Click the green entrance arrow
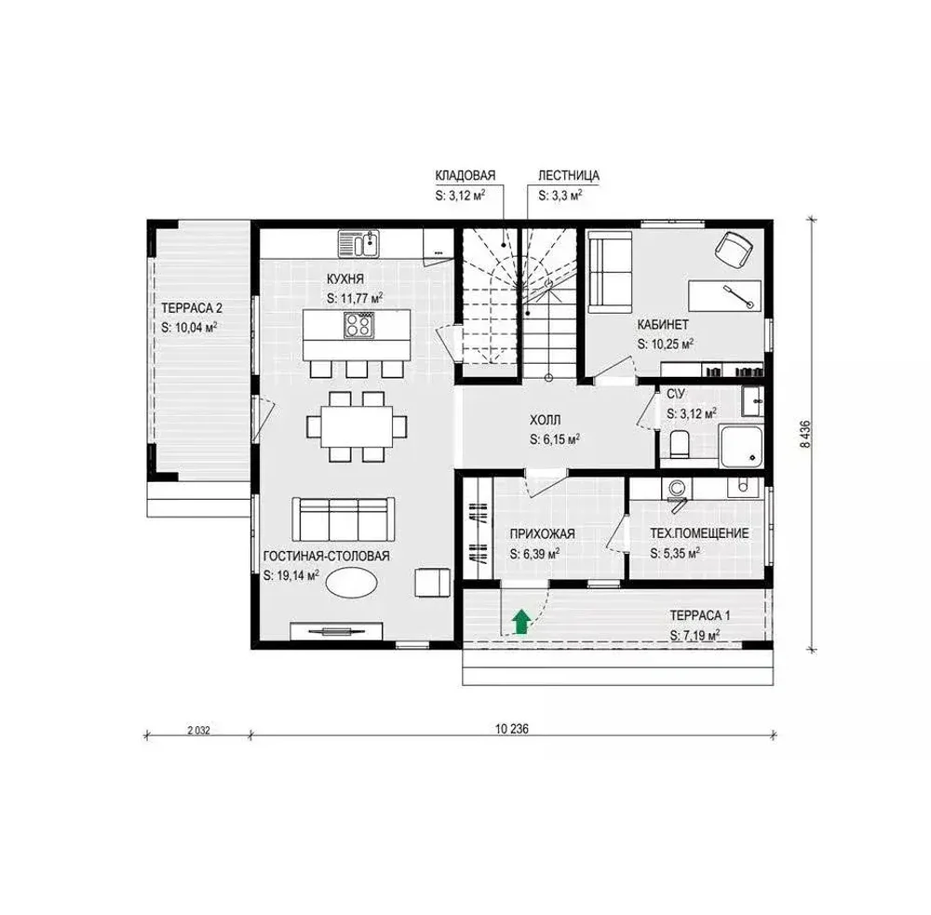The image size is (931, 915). [x=521, y=622]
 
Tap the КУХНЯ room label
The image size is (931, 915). [x=345, y=279]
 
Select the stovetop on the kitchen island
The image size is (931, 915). [x=358, y=325]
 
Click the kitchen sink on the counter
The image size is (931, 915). [x=358, y=244]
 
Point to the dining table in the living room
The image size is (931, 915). [x=357, y=425]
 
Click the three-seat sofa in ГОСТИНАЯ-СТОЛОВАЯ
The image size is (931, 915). [x=344, y=519]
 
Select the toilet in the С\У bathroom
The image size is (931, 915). [x=680, y=444]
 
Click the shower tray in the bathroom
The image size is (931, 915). [x=740, y=445]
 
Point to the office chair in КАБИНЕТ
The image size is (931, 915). [x=734, y=249]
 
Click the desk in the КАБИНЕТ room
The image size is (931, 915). [x=724, y=296]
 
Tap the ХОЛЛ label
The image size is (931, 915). [x=545, y=421]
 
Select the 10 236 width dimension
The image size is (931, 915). [x=512, y=729]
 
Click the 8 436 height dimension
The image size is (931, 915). [x=805, y=434]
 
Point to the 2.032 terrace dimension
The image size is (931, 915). [x=199, y=731]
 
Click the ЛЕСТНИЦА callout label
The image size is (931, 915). [x=569, y=176]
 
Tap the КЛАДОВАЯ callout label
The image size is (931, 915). [x=465, y=176]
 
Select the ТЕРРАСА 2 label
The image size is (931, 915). [x=191, y=308]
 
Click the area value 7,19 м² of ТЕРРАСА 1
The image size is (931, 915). [x=695, y=636]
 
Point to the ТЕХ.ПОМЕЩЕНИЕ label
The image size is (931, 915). [x=699, y=533]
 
